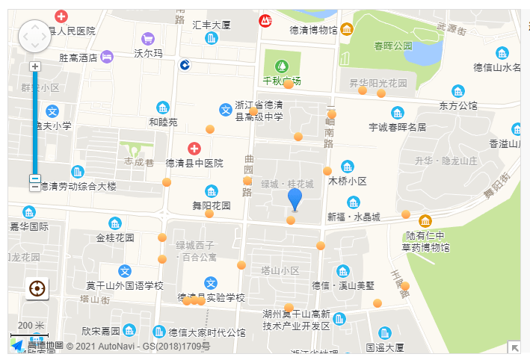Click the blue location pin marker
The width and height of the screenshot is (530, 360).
[295, 199]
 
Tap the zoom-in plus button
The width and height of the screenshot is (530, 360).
[34, 66]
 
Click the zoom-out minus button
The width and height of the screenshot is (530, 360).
[34, 179]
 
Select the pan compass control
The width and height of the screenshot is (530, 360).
[34, 36]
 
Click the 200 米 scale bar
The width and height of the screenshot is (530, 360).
[31, 329]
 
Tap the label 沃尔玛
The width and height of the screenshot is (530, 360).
[148, 54]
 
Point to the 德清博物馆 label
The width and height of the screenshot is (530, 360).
[313, 30]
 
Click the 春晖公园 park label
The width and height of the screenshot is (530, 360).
[393, 46]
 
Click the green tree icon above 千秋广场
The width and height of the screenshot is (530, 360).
[282, 66]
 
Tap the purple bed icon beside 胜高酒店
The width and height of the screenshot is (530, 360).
[108, 56]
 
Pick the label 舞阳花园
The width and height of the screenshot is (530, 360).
[212, 205]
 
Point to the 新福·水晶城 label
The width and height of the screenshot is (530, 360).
[354, 217]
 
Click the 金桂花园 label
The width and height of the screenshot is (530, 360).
[115, 238]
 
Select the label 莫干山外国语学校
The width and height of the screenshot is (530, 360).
[124, 285]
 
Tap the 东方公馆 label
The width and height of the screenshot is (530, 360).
[458, 105]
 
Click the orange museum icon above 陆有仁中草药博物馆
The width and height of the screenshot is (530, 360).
[425, 221]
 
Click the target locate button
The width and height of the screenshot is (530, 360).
[36, 288]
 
